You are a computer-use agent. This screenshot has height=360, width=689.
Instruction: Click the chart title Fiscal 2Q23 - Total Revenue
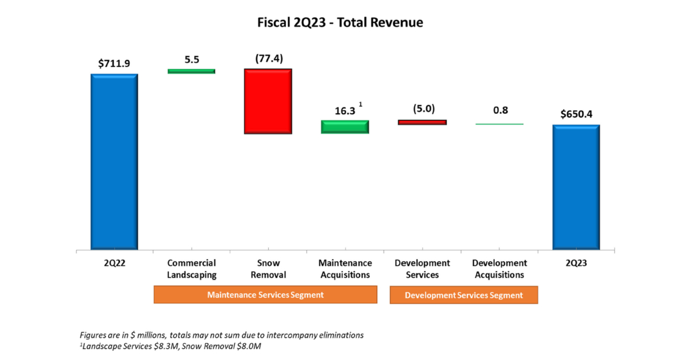[x=340, y=23]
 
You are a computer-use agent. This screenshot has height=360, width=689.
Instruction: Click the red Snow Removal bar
[x=268, y=101]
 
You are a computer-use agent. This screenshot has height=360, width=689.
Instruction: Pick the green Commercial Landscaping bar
[x=191, y=71]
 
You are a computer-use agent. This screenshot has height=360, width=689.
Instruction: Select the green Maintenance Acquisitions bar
[x=344, y=127]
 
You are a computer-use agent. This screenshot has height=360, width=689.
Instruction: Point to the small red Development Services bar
[x=422, y=122]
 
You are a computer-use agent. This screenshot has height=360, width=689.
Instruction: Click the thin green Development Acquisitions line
[x=500, y=124]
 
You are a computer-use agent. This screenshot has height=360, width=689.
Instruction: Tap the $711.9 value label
[x=114, y=63]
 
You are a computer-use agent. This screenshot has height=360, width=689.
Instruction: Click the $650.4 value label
[x=576, y=114]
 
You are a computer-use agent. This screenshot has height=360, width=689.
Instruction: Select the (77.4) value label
[x=268, y=59]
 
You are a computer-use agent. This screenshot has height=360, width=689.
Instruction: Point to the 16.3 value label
[x=344, y=111]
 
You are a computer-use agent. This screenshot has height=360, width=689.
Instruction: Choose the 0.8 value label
[x=500, y=110]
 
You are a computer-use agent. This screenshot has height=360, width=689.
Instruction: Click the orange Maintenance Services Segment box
[x=265, y=295]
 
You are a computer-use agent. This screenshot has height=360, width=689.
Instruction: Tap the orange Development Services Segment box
[x=464, y=295]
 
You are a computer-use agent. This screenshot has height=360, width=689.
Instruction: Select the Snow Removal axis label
[x=268, y=269]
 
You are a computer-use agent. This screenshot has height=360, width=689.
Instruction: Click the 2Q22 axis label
[x=114, y=263]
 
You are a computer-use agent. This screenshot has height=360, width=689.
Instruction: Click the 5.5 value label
[x=191, y=59]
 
